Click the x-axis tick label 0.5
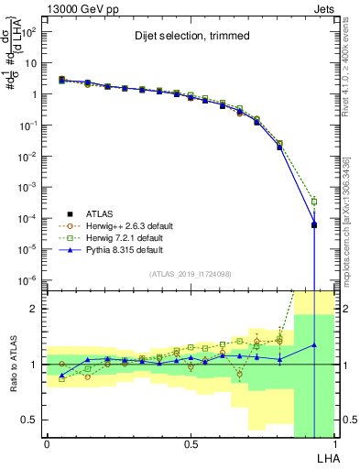click(x=190, y=444)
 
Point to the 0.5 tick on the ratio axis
click(x=31, y=420)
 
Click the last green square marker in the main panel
click(x=314, y=202)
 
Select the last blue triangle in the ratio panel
click(x=314, y=345)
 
